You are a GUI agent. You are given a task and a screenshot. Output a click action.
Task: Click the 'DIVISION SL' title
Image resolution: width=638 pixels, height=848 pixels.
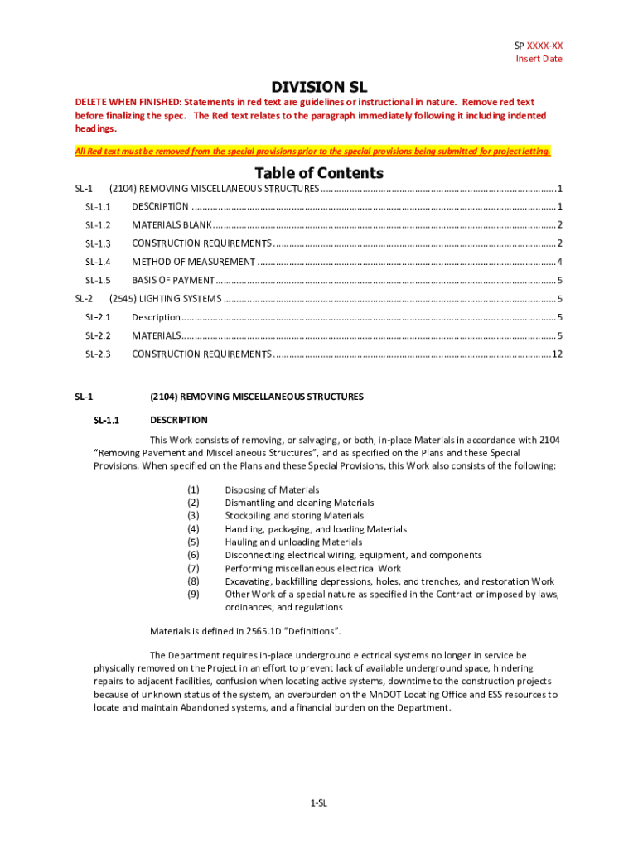319,87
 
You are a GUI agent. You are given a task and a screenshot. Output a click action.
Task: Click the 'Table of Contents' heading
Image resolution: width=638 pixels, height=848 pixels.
319,173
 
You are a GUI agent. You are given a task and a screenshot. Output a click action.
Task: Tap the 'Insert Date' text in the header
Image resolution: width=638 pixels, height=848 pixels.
539,59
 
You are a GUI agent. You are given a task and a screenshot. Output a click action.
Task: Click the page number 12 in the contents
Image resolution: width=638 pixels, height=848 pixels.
557,354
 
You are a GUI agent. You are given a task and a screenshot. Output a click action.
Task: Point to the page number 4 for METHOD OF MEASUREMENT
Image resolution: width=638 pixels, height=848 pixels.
560,262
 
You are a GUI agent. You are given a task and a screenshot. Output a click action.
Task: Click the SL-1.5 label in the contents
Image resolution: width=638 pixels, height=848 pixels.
98,281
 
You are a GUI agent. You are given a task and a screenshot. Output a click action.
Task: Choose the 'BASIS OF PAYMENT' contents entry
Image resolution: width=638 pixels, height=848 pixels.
173,281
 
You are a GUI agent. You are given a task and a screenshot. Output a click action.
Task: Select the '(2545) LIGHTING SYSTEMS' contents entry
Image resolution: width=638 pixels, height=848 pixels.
165,299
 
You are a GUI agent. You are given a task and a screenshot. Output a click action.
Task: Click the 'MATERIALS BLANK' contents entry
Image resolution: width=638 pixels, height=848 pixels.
172,225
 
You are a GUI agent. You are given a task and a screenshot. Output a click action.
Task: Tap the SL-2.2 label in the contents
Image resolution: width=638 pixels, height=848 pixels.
98,336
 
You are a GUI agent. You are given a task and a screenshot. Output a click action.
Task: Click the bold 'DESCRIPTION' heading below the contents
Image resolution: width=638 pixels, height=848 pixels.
178,421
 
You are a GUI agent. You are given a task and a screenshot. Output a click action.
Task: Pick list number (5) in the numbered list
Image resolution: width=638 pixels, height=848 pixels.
193,542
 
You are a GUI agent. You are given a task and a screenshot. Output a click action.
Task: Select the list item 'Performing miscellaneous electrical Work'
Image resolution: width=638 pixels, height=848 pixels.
312,569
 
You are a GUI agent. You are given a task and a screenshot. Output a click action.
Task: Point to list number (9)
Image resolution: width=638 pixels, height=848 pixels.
193,595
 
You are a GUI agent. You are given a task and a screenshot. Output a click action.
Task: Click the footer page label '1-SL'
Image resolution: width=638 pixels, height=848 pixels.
319,803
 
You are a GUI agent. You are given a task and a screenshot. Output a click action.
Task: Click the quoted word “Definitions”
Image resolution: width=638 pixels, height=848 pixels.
313,631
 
